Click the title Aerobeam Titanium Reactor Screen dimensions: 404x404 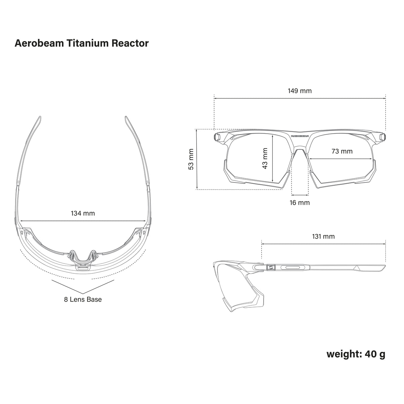coord(81,43)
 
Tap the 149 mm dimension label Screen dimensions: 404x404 coord(300,91)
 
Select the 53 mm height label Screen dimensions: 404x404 coord(191,159)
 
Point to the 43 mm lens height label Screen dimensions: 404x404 coord(265,158)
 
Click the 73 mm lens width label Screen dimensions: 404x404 coord(342,151)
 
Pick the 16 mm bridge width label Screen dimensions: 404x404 coord(300,203)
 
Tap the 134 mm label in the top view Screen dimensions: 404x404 coord(83,213)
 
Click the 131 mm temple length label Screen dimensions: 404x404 coord(323,236)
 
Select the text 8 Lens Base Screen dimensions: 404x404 coord(83,299)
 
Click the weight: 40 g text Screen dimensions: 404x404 coord(356,354)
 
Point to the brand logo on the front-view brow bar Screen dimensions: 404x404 coord(300,136)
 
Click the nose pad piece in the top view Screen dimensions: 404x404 coord(82,257)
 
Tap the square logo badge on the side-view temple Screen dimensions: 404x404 coord(270,268)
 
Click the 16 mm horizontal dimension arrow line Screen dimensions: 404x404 coord(300,195)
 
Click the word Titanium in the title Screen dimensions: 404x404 coord(88,43)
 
